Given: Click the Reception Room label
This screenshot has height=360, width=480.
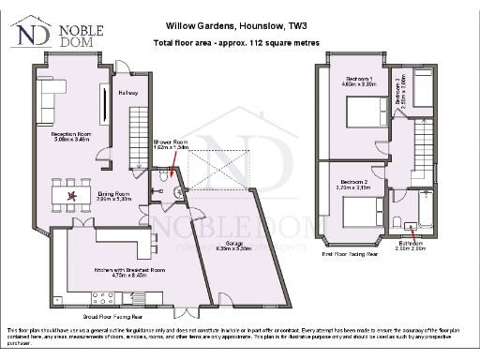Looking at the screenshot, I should tap(69, 135).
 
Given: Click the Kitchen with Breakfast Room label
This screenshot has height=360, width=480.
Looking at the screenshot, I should tap(123, 272).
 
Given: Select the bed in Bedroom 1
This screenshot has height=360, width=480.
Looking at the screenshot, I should tap(360, 119).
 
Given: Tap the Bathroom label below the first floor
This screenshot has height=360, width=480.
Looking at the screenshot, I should tap(411, 247).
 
